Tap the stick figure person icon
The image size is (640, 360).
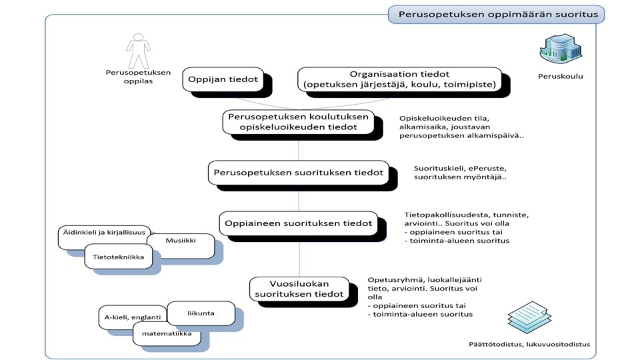(137, 51)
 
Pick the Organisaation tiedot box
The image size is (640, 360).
(399, 79)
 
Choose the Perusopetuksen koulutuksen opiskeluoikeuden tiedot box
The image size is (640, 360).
(298, 122)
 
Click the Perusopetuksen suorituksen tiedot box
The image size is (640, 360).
(298, 173)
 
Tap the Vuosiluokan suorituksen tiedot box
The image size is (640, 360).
(299, 289)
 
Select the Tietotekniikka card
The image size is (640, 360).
(123, 257)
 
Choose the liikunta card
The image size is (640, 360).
(201, 313)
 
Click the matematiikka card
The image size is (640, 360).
(167, 333)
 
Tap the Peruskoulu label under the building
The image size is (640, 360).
(560, 76)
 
